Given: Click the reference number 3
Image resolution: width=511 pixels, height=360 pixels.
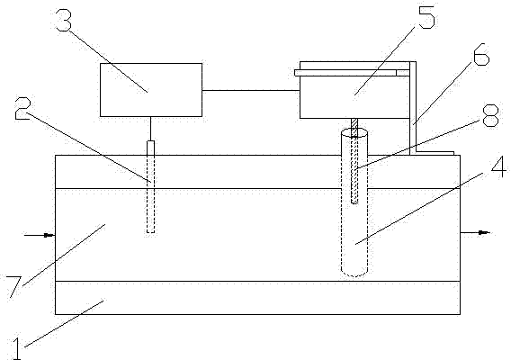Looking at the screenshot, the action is point(63,20).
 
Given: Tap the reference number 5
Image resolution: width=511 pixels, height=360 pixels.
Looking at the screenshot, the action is point(426,17).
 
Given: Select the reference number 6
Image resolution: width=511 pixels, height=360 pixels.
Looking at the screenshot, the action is point(481,54).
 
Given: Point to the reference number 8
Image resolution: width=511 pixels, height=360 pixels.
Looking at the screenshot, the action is point(491,115).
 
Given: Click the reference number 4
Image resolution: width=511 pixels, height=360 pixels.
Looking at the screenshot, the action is point(499,166).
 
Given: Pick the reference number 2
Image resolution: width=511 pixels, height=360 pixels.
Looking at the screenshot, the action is point(22,108).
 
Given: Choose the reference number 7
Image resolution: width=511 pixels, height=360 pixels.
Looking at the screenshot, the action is point(14,286).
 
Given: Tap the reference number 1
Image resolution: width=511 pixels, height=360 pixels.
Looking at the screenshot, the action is point(16,348).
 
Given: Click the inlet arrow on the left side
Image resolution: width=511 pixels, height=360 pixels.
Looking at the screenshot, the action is point(40,235).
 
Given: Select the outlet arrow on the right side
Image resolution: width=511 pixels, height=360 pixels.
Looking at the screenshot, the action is point(475,232).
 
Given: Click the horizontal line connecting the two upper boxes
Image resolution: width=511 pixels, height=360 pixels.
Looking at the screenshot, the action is point(251,90).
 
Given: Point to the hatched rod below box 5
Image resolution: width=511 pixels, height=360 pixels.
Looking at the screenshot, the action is point(354,161).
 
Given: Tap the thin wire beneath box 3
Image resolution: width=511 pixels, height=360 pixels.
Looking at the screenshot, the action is point(150,129).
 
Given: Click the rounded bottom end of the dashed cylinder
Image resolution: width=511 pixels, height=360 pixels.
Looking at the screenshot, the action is point(354,274).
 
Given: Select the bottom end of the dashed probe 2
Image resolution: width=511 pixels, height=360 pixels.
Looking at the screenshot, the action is point(150,232).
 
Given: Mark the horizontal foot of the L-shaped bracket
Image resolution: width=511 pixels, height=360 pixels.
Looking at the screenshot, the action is point(435,153).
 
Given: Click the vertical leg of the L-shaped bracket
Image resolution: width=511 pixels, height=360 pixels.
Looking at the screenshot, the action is point(413,108).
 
